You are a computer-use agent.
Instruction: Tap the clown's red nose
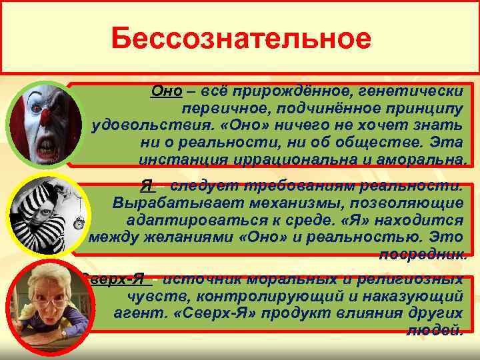click(44, 115)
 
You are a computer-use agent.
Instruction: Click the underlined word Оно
click(163, 91)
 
